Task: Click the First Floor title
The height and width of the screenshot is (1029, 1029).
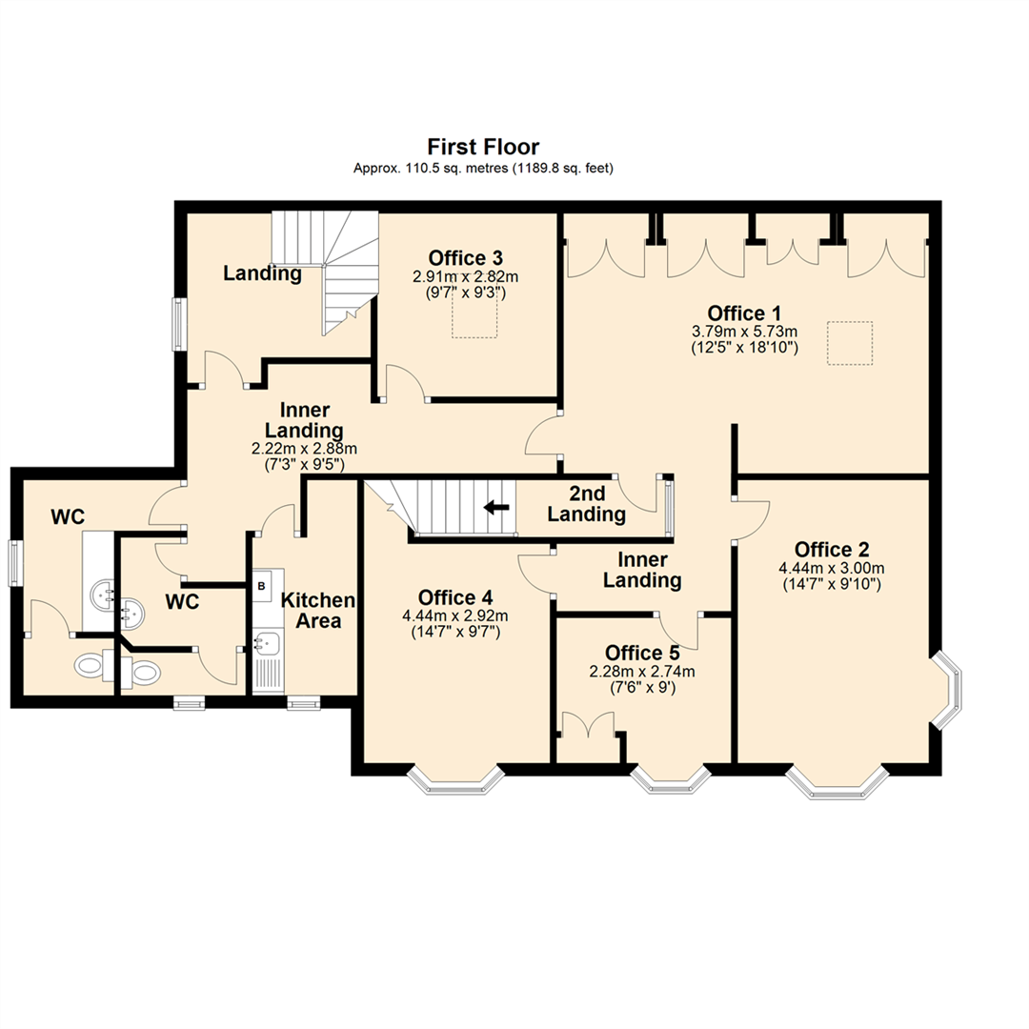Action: [483, 147]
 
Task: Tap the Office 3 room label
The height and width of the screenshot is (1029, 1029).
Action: [466, 257]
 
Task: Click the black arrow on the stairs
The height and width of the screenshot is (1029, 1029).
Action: [494, 507]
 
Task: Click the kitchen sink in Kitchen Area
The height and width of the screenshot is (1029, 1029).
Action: [267, 641]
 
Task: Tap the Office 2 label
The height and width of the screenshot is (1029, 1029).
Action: [832, 550]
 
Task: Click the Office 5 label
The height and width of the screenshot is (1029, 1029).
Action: [643, 653]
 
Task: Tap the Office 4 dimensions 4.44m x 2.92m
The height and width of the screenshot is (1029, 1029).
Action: [455, 615]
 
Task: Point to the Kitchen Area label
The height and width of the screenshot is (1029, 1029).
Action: [318, 611]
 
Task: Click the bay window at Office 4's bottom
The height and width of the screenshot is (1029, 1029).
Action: [455, 779]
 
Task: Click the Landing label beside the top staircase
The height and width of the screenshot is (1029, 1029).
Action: [262, 274]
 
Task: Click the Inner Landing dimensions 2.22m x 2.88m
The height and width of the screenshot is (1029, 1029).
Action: [305, 449]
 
